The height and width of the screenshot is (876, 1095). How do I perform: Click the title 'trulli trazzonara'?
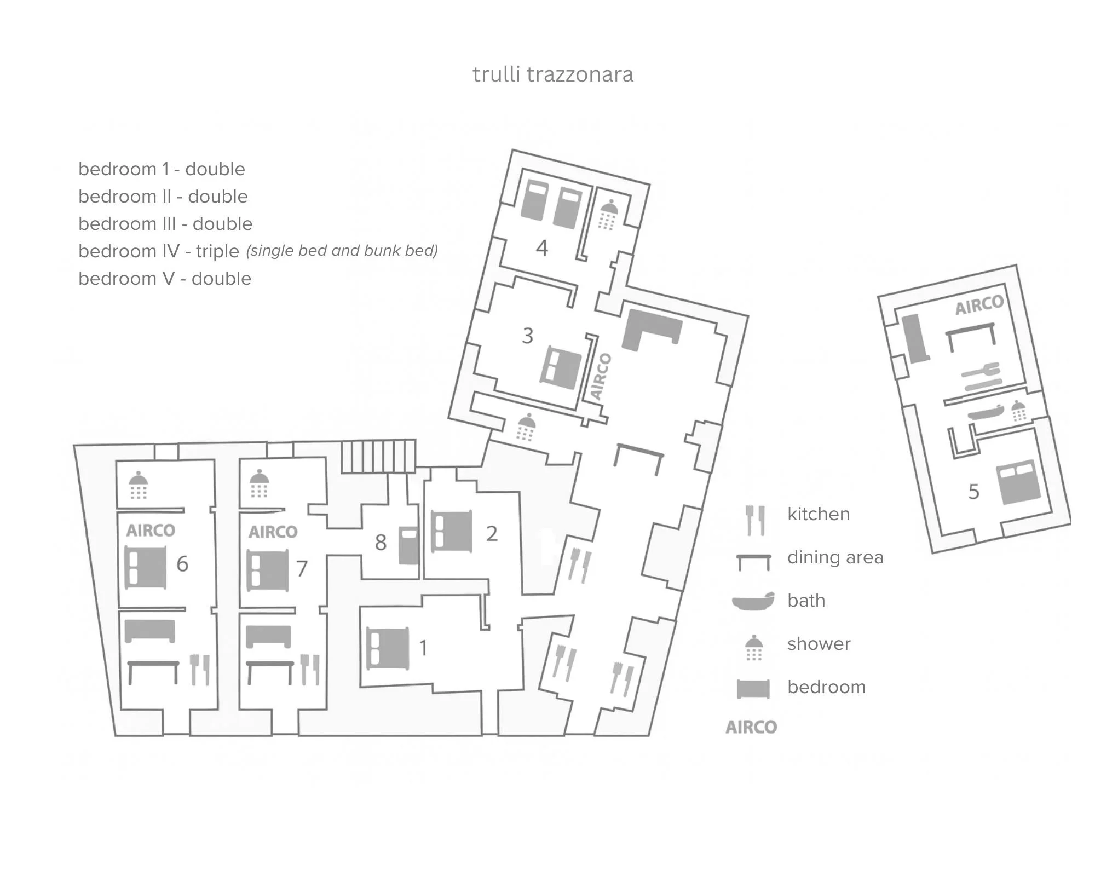click(x=552, y=74)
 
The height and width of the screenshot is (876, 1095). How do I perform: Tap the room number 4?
click(x=541, y=249)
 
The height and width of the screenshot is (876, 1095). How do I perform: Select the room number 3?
click(x=527, y=336)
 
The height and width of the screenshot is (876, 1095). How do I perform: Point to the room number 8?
click(x=381, y=543)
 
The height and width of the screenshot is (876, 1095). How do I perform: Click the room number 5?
click(x=973, y=492)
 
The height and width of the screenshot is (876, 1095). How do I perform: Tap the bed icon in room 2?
click(x=452, y=531)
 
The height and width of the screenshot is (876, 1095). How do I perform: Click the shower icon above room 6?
click(x=138, y=485)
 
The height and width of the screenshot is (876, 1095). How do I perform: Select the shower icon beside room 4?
click(x=608, y=215)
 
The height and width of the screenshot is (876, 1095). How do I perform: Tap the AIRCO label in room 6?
click(x=151, y=530)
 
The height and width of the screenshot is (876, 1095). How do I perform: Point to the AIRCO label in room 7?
click(x=273, y=532)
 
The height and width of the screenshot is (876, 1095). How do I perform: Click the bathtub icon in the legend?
click(x=753, y=601)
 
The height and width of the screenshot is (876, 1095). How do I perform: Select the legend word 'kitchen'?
click(x=819, y=514)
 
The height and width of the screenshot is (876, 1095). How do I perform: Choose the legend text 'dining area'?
click(x=835, y=557)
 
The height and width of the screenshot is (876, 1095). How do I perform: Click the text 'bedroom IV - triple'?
click(x=159, y=251)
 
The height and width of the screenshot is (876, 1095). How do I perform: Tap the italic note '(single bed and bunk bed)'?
click(x=342, y=251)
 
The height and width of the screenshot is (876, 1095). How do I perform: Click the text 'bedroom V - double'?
click(x=165, y=279)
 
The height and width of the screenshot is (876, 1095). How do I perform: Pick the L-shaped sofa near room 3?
click(x=650, y=329)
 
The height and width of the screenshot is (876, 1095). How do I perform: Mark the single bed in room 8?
click(x=408, y=545)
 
